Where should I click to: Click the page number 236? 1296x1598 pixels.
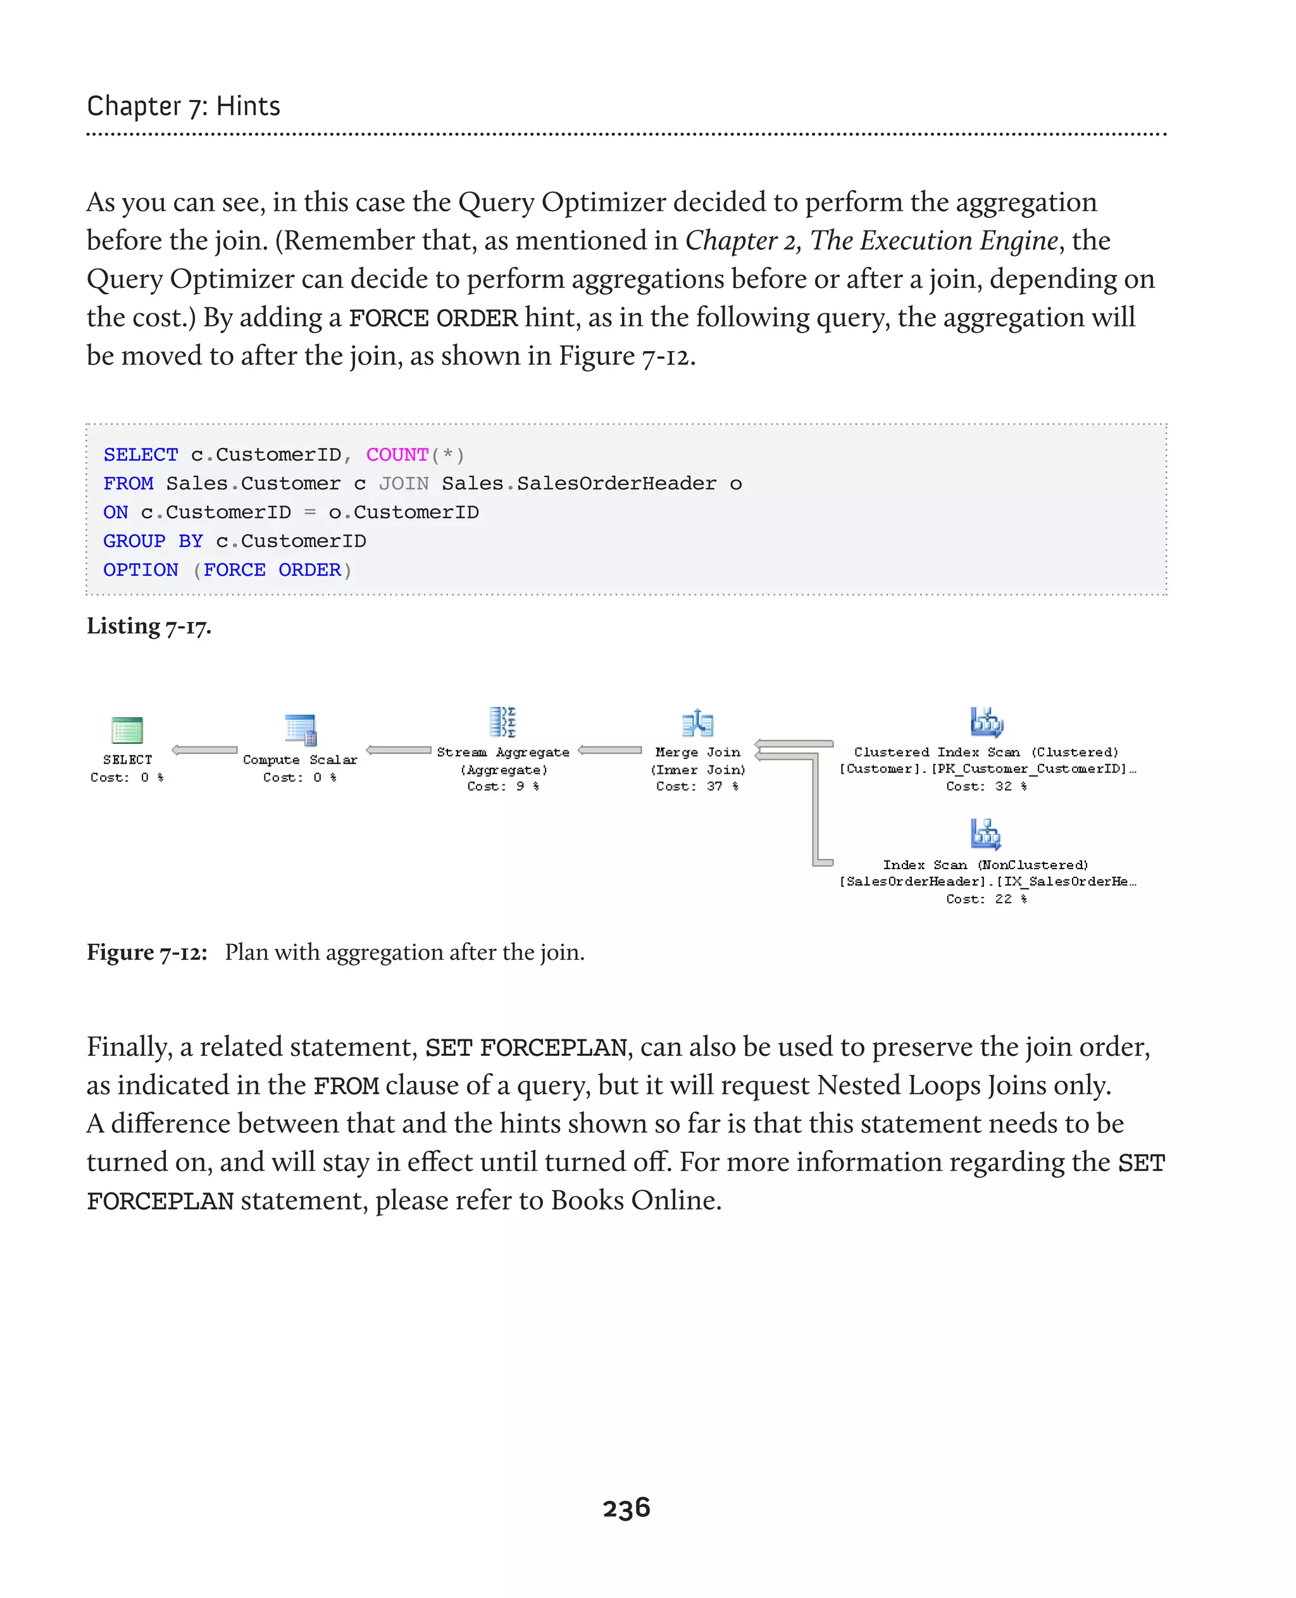point(626,1508)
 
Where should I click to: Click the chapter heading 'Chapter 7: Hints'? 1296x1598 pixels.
point(184,106)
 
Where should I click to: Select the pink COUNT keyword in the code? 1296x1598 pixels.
point(397,455)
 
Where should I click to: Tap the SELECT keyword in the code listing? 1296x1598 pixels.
point(140,455)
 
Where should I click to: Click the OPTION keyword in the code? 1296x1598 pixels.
point(140,569)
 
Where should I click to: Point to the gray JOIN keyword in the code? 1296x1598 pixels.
point(403,484)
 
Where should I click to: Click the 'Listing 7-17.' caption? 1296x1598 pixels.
point(149,626)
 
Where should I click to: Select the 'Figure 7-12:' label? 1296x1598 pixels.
point(146,952)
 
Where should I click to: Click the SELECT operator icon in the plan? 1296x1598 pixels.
point(127,729)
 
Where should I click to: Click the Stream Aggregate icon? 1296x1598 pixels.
point(502,722)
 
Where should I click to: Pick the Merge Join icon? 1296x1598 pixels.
point(698,722)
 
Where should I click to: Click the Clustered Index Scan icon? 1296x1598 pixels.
point(986,722)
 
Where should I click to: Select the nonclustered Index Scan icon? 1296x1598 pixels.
point(986,834)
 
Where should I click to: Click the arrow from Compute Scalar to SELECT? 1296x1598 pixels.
point(204,750)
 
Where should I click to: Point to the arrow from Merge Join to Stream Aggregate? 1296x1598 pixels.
point(610,750)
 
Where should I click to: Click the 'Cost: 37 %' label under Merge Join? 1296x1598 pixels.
point(697,786)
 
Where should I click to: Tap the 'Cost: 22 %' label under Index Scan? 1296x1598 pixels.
point(986,899)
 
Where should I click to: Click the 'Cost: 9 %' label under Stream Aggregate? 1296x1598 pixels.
point(502,786)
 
